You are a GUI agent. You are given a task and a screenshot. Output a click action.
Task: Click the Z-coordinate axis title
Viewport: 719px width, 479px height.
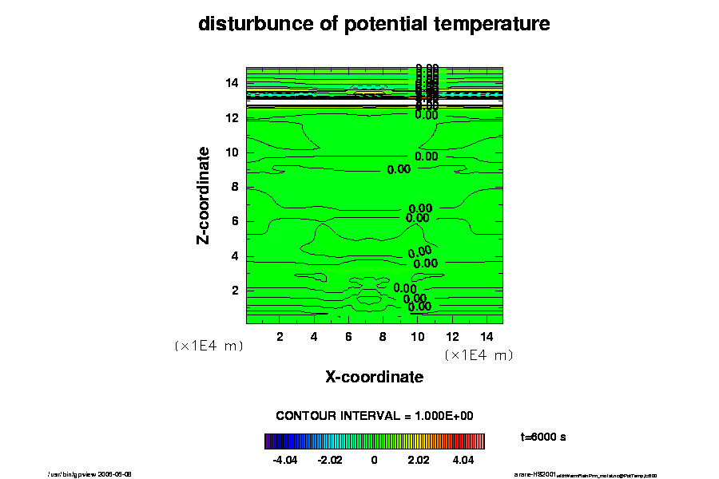tap(205, 194)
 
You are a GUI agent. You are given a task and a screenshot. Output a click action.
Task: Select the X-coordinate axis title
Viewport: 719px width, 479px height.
tap(374, 376)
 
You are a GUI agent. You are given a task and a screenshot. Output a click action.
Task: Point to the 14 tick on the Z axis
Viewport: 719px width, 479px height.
tap(232, 83)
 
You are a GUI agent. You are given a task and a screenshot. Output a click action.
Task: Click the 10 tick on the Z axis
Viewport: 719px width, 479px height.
tap(232, 152)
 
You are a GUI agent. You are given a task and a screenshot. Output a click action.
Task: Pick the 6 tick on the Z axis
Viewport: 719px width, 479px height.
tap(236, 221)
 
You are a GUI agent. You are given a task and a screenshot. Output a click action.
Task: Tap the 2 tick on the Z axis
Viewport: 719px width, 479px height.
tap(236, 290)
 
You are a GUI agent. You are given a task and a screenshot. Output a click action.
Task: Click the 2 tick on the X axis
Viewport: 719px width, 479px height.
tap(280, 336)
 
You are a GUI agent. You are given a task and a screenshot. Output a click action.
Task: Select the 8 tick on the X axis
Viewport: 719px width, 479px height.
tap(383, 336)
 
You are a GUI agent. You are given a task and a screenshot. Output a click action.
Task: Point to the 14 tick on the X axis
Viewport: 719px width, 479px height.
tap(486, 336)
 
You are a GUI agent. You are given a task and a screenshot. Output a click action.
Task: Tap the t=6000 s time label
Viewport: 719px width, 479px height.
tap(543, 437)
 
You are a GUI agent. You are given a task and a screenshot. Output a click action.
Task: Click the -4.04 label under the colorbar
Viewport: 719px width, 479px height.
tap(285, 461)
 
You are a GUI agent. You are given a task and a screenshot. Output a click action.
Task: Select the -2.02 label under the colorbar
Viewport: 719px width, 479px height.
tap(330, 461)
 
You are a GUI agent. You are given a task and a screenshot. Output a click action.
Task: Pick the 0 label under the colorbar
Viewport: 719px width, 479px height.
tap(374, 461)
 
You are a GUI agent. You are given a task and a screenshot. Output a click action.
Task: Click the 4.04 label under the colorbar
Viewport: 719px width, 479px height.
tap(463, 461)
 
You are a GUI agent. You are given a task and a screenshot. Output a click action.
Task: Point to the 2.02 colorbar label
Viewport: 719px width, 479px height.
tap(419, 461)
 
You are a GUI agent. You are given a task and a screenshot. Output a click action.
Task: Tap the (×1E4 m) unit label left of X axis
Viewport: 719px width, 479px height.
tap(209, 346)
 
